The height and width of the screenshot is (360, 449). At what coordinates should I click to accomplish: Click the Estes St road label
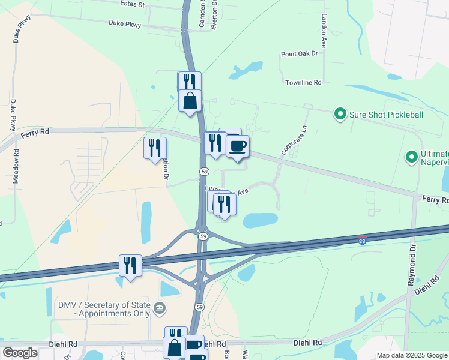pyautogui.click(x=133, y=5)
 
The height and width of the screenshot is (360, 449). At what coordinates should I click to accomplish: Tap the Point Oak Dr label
pyautogui.click(x=299, y=54)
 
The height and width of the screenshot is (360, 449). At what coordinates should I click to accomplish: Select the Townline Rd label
pyautogui.click(x=304, y=82)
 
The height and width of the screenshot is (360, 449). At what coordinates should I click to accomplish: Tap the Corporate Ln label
pyautogui.click(x=294, y=140)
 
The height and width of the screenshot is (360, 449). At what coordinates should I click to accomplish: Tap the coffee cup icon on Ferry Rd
pyautogui.click(x=238, y=146)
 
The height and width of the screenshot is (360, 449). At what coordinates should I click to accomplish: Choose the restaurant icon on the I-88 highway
pyautogui.click(x=130, y=265)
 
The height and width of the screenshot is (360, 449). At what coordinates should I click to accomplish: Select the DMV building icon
pyautogui.click(x=159, y=309)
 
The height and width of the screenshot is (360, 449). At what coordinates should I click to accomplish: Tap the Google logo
pyautogui.click(x=20, y=353)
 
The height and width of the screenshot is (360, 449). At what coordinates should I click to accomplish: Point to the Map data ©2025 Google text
pyautogui.click(x=412, y=355)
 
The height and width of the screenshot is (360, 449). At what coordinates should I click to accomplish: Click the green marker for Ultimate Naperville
pyautogui.click(x=411, y=158)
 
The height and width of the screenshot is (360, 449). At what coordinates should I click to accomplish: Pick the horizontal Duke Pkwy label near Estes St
pyautogui.click(x=124, y=23)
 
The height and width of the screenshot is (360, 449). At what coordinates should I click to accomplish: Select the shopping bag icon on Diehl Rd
pyautogui.click(x=174, y=348)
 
